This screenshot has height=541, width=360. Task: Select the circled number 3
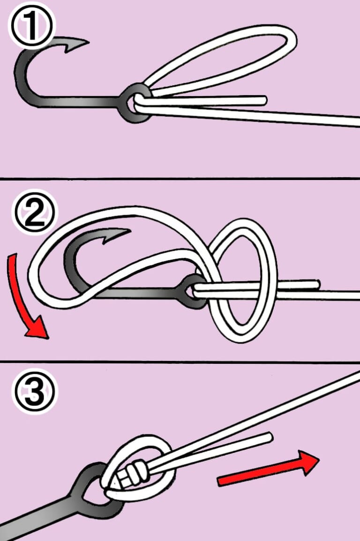click(35, 391)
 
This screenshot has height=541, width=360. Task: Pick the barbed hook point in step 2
click(117, 235)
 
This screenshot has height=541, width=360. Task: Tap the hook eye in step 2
click(193, 291)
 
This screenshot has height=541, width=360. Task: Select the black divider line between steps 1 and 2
click(180, 178)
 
